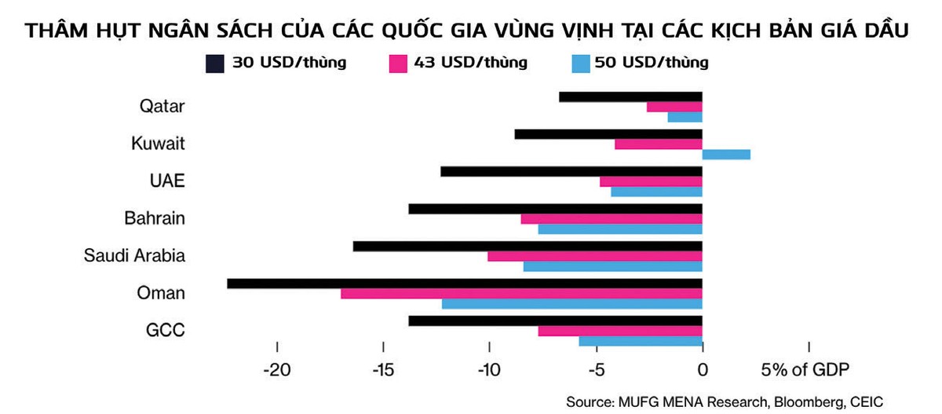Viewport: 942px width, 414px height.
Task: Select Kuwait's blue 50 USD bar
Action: click(726, 154)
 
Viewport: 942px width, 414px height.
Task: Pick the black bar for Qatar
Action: click(630, 97)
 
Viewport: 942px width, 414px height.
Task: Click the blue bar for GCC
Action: click(641, 341)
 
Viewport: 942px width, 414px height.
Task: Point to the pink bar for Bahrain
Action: click(612, 219)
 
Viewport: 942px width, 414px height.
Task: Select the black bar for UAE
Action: click(571, 171)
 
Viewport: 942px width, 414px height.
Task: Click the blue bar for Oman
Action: click(572, 304)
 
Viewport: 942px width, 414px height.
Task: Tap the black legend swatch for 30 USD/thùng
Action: click(216, 63)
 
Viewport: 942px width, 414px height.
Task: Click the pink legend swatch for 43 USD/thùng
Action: click(398, 63)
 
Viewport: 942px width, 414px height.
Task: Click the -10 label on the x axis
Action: click(489, 370)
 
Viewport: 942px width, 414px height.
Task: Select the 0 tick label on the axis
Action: click(703, 370)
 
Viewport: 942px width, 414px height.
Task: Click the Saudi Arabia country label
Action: click(134, 256)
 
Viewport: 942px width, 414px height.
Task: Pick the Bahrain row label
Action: click(155, 218)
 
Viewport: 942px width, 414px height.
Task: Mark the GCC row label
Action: click(166, 330)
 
